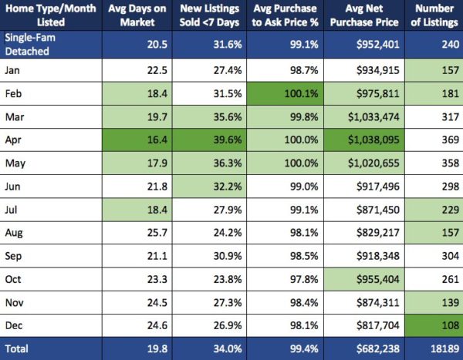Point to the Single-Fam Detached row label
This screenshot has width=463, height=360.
click(32, 43)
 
